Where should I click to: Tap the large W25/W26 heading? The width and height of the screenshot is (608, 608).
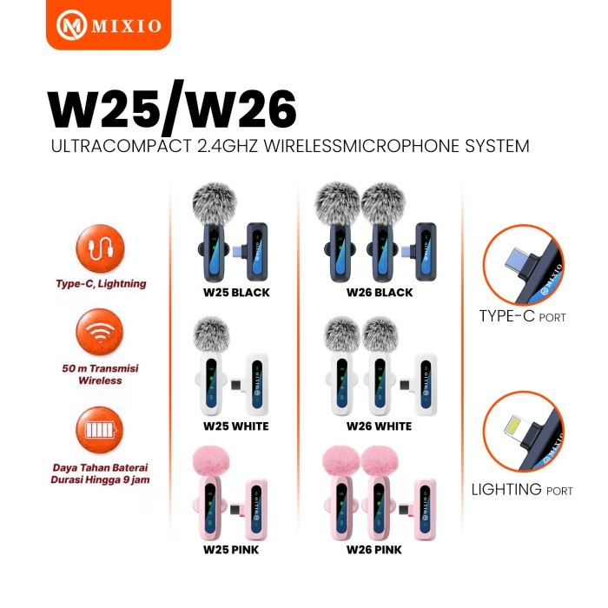pos(172,109)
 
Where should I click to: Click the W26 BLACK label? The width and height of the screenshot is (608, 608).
pos(379,293)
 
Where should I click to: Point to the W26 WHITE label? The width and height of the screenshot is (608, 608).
pos(379,426)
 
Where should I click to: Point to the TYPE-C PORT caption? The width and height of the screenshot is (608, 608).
pos(523,317)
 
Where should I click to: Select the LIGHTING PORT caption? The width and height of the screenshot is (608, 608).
pos(522,490)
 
